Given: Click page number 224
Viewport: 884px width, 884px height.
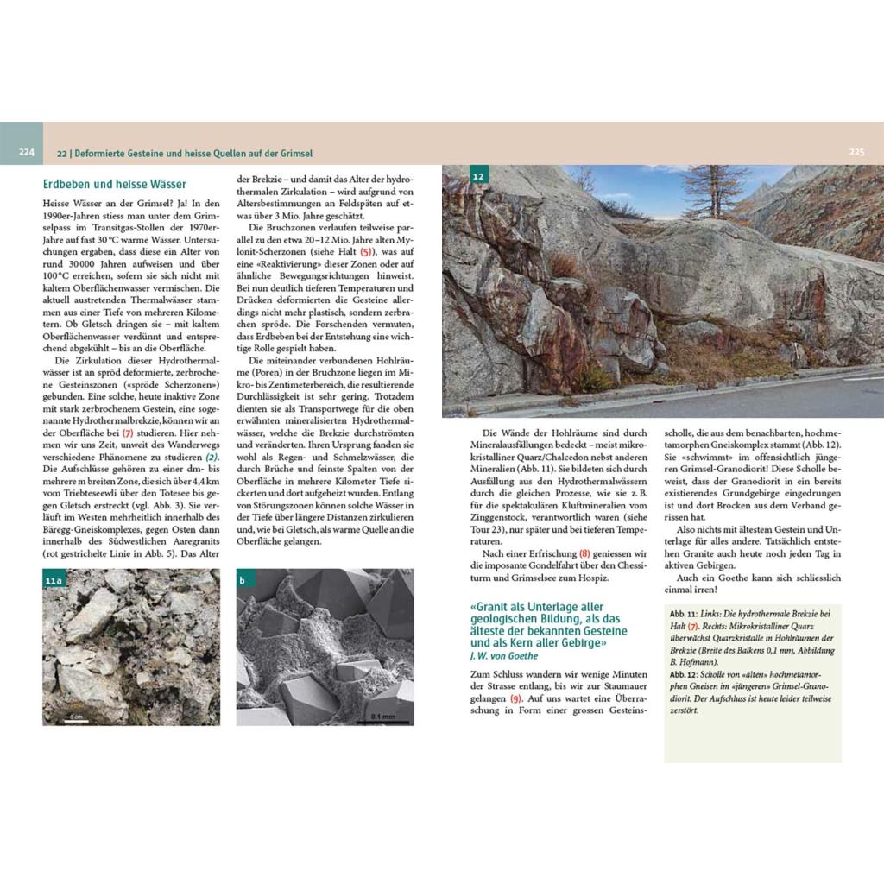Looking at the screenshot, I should [x=27, y=152].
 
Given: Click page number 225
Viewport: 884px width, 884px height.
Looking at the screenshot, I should [x=856, y=152].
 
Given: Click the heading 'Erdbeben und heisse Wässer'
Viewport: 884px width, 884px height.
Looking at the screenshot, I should [x=115, y=184].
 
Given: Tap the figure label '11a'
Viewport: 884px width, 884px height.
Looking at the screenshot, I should [x=54, y=581].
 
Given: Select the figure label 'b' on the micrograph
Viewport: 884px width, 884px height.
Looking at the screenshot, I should [x=243, y=581].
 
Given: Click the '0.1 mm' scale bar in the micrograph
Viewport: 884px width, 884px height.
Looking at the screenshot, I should [x=382, y=716].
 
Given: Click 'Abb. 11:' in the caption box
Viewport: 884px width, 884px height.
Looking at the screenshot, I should [x=684, y=612].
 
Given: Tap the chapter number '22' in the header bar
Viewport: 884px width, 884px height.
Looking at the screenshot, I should [x=62, y=152].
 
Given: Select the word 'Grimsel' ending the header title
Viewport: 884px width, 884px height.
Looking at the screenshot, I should [x=295, y=152].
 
